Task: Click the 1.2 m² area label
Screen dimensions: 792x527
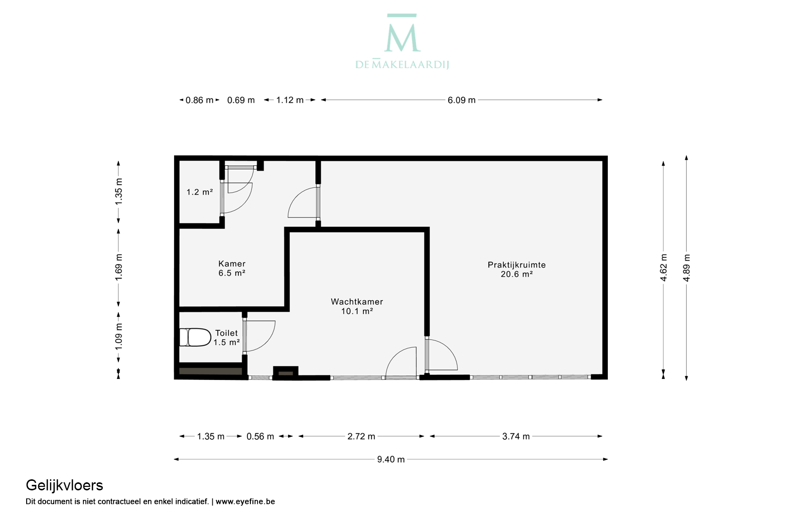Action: (200, 192)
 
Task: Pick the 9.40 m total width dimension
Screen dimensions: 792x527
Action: (390, 459)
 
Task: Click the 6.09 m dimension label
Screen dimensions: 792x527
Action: (461, 100)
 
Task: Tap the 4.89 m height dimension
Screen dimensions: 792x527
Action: (686, 268)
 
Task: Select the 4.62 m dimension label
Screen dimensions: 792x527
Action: (664, 268)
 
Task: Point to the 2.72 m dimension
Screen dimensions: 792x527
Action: (361, 437)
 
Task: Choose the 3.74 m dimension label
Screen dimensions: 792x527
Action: (516, 437)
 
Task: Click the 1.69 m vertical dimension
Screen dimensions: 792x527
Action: (118, 267)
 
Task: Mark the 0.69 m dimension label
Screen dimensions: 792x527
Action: (241, 100)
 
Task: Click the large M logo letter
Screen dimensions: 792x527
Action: (402, 38)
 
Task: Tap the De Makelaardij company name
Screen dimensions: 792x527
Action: (402, 64)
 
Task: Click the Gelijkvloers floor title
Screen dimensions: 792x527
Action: (64, 486)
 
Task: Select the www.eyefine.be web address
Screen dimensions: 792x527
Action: (245, 501)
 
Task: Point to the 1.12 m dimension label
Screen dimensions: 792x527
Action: (290, 100)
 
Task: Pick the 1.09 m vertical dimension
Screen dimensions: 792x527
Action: (118, 337)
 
